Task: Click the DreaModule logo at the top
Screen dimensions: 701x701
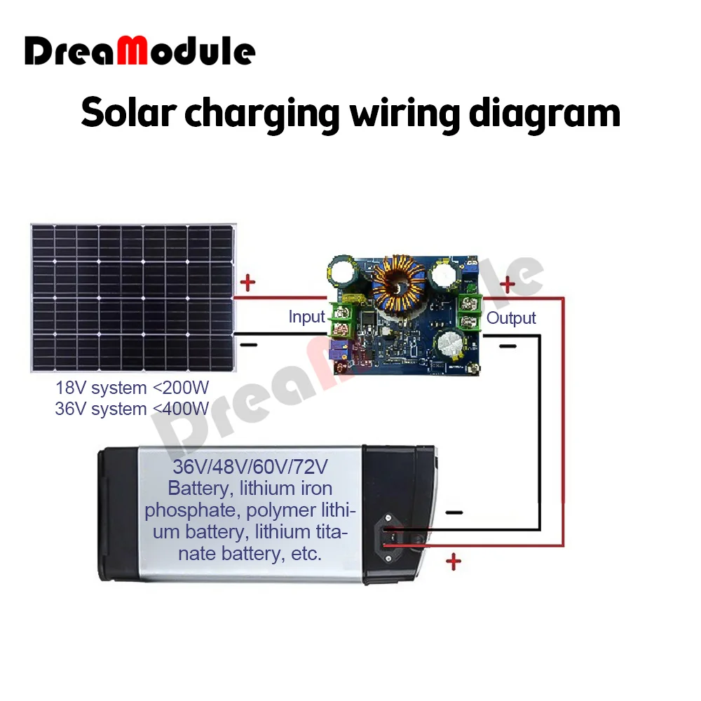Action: (x=140, y=52)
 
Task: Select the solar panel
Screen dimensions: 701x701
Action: (x=133, y=297)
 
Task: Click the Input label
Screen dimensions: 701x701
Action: (x=307, y=317)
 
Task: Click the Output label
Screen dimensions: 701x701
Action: (x=511, y=318)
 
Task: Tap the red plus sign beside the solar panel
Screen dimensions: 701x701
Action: (x=248, y=284)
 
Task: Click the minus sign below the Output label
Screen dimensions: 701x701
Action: (x=508, y=346)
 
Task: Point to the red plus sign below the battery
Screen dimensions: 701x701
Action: (x=454, y=561)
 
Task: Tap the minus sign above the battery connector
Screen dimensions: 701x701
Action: (x=454, y=512)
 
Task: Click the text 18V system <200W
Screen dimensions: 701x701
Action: (x=132, y=388)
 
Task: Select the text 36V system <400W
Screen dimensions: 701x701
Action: (x=132, y=409)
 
